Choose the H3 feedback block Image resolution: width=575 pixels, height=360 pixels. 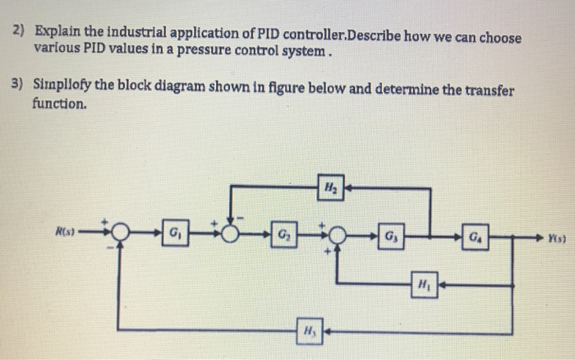click(306, 332)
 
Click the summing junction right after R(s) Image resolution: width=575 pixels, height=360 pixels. click(121, 229)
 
